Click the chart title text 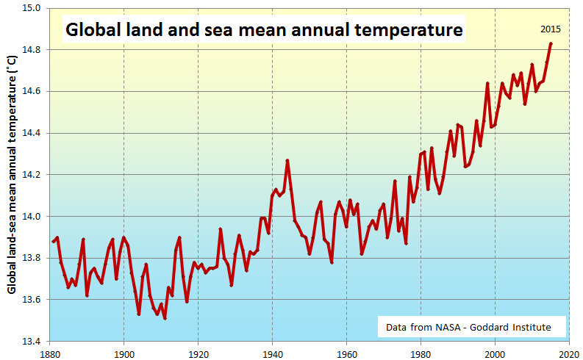pyautogui.click(x=264, y=31)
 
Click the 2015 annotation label pyautogui.click(x=551, y=29)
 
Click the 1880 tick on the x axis pyautogui.click(x=49, y=352)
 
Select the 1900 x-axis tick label pyautogui.click(x=124, y=352)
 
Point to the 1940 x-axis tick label pyautogui.click(x=272, y=352)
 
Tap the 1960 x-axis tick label pyautogui.click(x=346, y=352)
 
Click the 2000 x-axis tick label pyautogui.click(x=495, y=352)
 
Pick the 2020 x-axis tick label pyautogui.click(x=568, y=352)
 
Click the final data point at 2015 pyautogui.click(x=551, y=44)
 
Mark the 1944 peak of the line pyautogui.click(x=287, y=160)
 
